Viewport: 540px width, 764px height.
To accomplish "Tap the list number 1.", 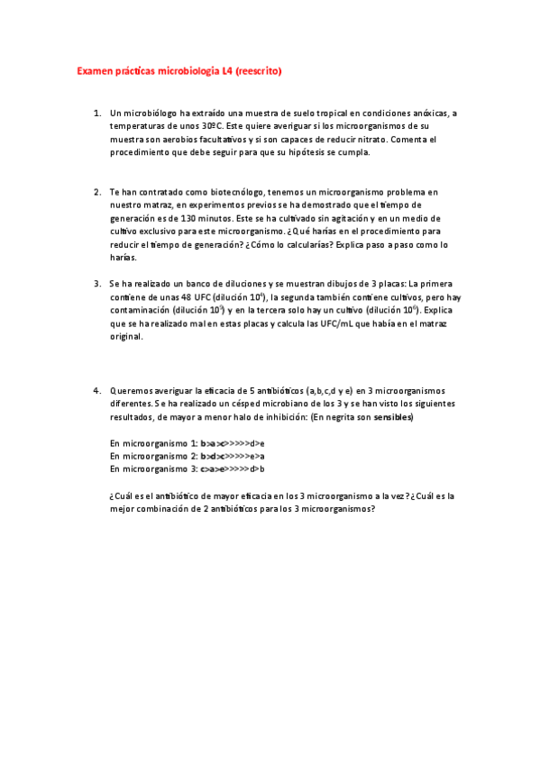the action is click(x=96, y=114).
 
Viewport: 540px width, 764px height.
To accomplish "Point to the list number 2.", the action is click(x=96, y=193).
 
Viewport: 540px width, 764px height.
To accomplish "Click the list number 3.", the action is click(x=96, y=284).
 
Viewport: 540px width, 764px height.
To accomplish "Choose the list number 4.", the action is click(x=96, y=391).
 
